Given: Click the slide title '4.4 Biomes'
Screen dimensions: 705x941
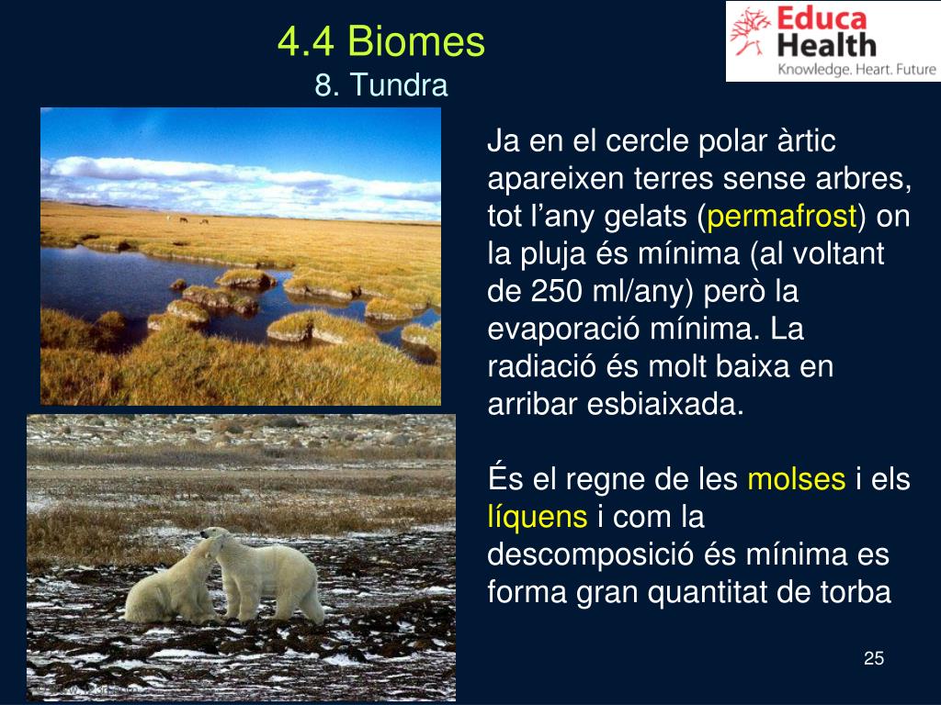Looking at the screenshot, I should (x=380, y=41).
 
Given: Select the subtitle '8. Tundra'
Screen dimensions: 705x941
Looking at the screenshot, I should (x=380, y=85).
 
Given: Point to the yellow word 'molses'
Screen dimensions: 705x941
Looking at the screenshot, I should (x=796, y=479).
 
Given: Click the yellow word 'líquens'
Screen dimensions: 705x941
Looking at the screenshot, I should (x=537, y=517).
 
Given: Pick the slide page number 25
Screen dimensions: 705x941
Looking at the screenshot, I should (x=873, y=658).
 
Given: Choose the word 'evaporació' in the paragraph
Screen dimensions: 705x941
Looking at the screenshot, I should (x=554, y=329).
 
